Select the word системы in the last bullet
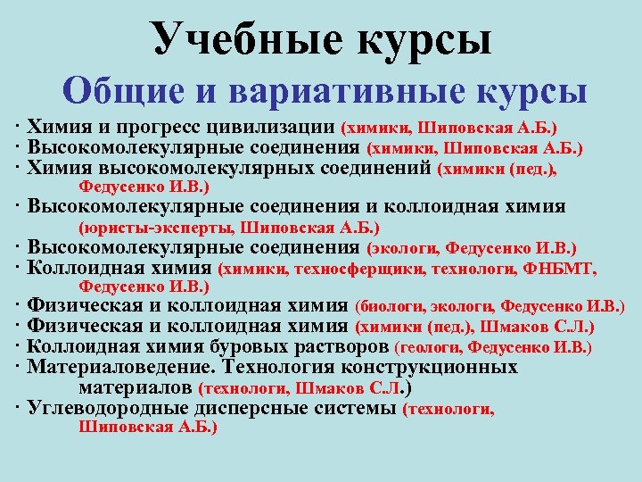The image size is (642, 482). [355, 409]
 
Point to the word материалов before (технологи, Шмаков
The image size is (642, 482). [136, 387]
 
